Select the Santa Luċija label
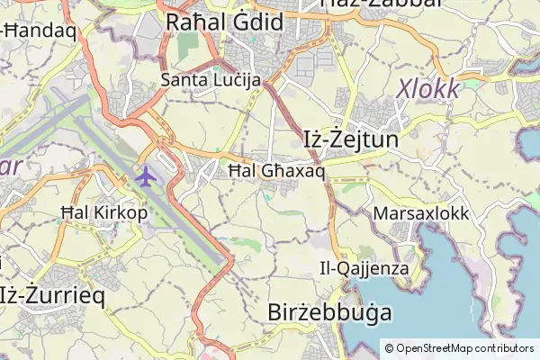[211, 80]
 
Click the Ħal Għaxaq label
[275, 170]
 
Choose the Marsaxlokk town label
[420, 215]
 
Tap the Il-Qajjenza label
[364, 268]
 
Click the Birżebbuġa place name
[330, 312]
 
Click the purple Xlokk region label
[428, 89]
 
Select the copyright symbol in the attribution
[390, 347]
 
